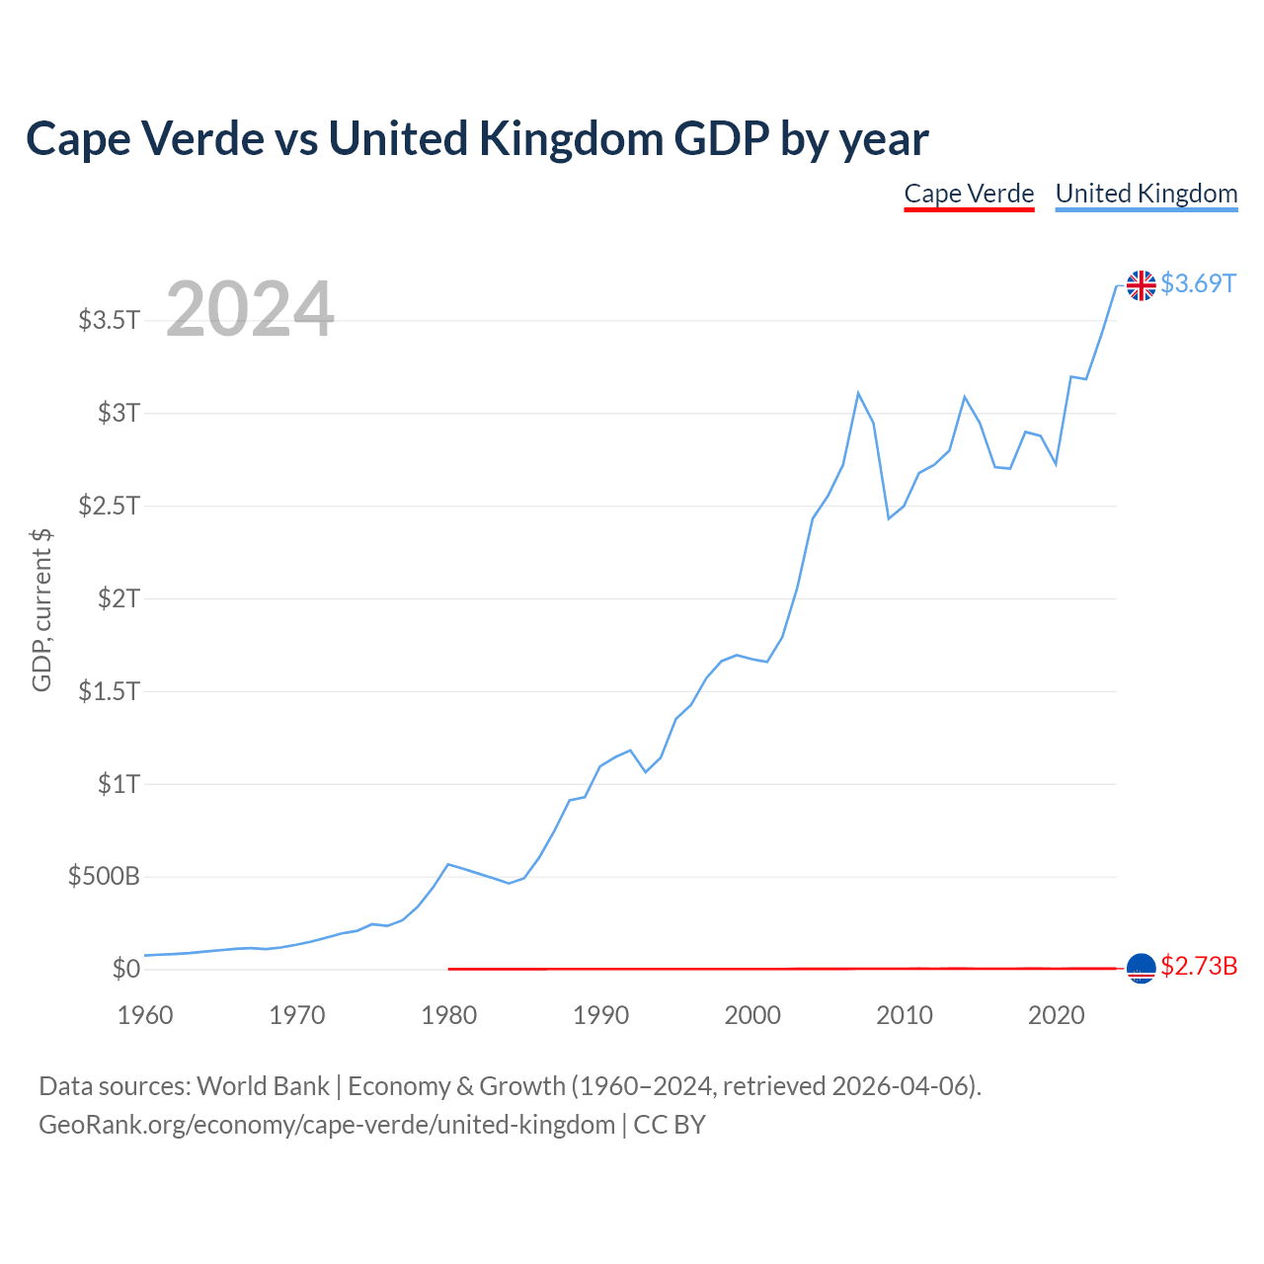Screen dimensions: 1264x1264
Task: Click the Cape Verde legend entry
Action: (x=968, y=195)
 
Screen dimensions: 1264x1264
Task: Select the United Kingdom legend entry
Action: (x=1145, y=195)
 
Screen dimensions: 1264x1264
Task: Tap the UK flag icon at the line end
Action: (x=1141, y=285)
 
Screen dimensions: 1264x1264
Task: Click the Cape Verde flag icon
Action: (x=1141, y=968)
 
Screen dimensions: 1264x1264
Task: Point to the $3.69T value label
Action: (x=1198, y=283)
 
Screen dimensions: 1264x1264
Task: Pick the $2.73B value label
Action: (x=1199, y=966)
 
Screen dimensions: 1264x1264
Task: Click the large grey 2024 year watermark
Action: (x=250, y=308)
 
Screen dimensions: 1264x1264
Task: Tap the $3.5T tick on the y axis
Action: (x=109, y=320)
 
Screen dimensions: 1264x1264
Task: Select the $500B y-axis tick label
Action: (x=104, y=876)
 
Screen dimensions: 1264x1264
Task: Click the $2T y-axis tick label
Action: (x=118, y=598)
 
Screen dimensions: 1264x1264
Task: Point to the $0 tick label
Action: (x=126, y=969)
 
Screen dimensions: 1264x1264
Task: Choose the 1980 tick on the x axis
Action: (x=448, y=1015)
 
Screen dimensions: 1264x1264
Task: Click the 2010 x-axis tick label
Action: (x=904, y=1015)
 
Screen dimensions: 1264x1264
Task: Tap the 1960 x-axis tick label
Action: (x=145, y=1015)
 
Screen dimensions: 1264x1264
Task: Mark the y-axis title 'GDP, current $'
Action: (x=41, y=610)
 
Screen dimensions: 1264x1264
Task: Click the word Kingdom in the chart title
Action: (x=571, y=139)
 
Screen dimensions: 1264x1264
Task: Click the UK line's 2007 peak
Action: (x=858, y=393)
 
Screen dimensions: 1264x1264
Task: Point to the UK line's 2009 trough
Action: (x=888, y=518)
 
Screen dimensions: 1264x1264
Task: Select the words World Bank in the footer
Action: (x=263, y=1086)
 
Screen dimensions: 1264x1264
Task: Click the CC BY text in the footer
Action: (x=670, y=1125)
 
